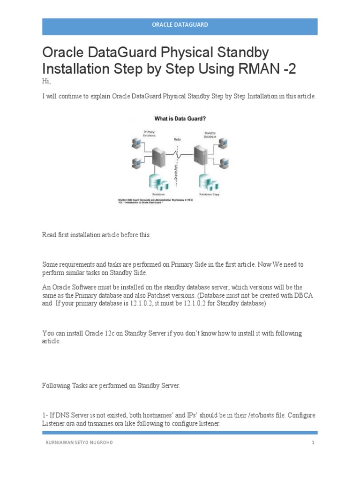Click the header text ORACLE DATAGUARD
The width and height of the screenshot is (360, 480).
(x=180, y=24)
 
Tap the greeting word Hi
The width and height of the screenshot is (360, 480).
(x=46, y=82)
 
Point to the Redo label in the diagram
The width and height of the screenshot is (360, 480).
(x=177, y=139)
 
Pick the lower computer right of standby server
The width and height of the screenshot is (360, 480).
(x=224, y=163)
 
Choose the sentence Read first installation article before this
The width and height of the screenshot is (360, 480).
(x=97, y=235)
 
